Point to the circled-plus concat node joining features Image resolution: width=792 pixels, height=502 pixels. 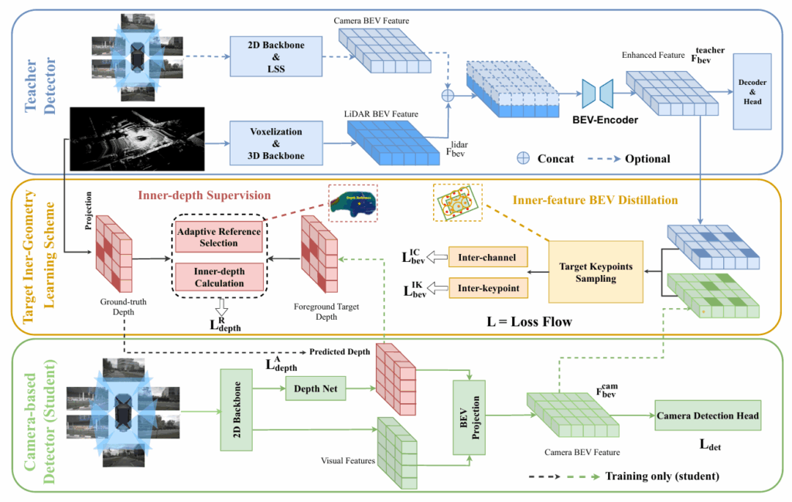click(x=446, y=95)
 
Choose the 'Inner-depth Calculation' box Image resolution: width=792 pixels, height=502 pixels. click(x=219, y=277)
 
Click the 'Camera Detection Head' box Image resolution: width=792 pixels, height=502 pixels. click(x=707, y=416)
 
